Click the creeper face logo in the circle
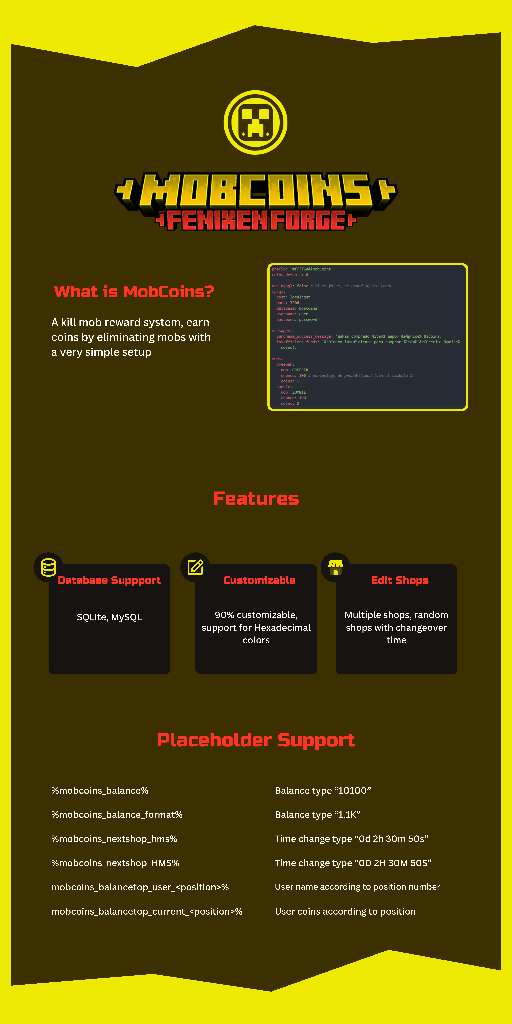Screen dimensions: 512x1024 [256, 122]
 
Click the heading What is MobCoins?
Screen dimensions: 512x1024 [134, 292]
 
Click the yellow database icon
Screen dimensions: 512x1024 [48, 567]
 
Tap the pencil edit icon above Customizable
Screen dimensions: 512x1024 [195, 567]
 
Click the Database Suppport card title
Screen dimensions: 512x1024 [109, 580]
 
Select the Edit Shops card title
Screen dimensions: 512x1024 [400, 580]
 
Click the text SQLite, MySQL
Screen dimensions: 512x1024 [109, 617]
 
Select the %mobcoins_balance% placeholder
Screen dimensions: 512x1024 [100, 791]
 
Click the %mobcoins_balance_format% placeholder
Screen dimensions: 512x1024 [117, 815]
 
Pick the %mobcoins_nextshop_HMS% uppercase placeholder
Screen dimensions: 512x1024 [115, 863]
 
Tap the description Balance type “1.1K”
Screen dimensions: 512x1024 [317, 815]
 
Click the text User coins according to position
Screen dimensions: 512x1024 [345, 912]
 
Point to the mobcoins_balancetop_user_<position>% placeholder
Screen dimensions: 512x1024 [140, 887]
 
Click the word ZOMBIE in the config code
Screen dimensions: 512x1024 [299, 392]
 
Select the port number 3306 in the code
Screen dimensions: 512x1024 [295, 303]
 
